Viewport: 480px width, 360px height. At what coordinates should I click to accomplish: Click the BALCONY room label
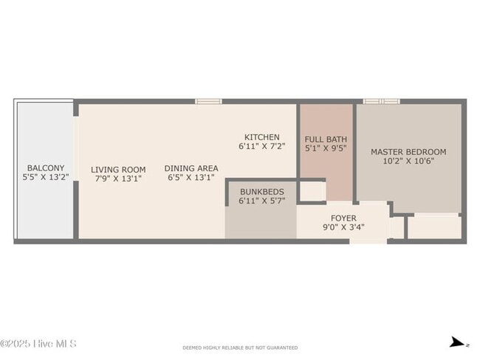point(46,167)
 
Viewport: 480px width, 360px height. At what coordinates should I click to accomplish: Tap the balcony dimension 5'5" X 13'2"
point(46,177)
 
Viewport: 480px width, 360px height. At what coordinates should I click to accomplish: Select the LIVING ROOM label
point(118,169)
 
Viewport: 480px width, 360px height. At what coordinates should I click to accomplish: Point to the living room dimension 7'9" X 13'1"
point(118,178)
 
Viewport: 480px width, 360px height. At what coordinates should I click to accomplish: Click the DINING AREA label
point(191,167)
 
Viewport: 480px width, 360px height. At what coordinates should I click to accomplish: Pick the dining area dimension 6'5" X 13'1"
point(191,177)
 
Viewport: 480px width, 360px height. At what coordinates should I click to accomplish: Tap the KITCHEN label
point(262,137)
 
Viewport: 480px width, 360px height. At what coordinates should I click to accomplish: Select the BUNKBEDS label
point(261,191)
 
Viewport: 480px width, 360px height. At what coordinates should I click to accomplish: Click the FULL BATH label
point(326,139)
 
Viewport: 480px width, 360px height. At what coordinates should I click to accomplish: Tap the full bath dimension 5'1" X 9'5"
point(326,148)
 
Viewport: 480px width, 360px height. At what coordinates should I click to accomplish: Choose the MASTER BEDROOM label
point(408,152)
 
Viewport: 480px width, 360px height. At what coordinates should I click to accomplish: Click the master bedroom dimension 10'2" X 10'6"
point(408,161)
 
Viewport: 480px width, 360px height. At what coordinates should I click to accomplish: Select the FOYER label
point(343,218)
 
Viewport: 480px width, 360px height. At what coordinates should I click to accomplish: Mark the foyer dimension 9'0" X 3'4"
point(343,227)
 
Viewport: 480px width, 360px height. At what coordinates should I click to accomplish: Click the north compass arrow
point(459,342)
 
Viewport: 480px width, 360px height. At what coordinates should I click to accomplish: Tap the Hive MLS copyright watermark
point(38,344)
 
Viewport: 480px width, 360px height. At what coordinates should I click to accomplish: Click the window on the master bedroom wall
point(381,100)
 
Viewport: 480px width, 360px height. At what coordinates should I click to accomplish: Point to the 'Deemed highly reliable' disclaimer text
point(240,347)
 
